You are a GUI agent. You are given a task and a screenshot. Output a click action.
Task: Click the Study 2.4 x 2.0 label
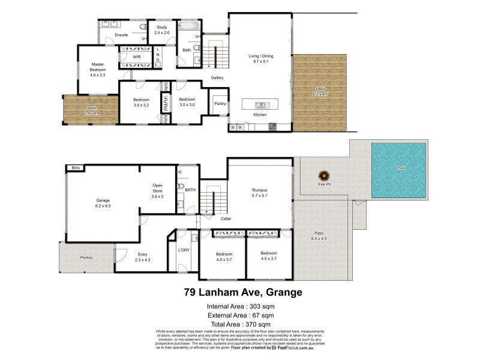161,31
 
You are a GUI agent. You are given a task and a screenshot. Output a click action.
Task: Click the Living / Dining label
261,58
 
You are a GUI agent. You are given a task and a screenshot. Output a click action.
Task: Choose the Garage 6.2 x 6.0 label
103,203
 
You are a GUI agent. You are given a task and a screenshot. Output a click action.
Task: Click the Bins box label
75,168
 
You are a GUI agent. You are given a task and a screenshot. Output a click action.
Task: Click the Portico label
86,257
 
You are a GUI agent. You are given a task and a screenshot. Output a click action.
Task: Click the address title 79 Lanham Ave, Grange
242,293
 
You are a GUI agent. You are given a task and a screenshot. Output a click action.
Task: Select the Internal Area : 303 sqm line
241,307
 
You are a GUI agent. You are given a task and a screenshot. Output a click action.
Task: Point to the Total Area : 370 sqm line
241,324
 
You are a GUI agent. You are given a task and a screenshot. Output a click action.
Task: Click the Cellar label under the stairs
226,218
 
